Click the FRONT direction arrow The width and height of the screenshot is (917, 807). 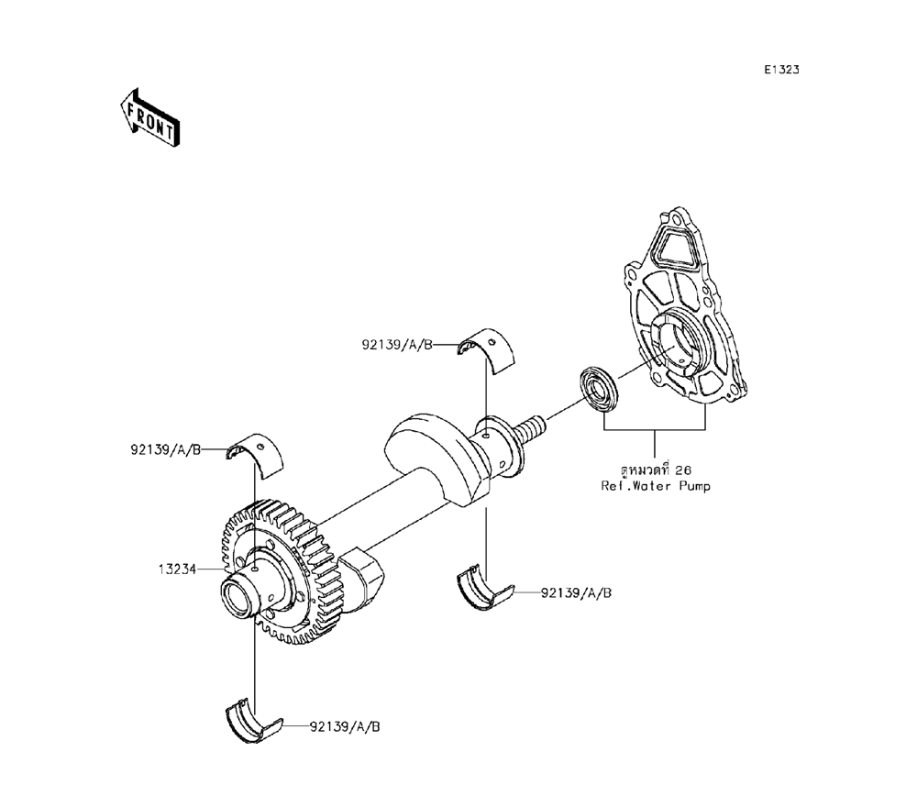[149, 117]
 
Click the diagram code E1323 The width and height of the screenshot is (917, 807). [781, 70]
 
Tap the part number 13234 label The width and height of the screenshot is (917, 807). [177, 569]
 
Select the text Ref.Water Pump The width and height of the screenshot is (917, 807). [656, 486]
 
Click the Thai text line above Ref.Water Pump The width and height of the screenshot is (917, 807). [656, 470]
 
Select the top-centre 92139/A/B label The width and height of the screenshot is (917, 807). [398, 345]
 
